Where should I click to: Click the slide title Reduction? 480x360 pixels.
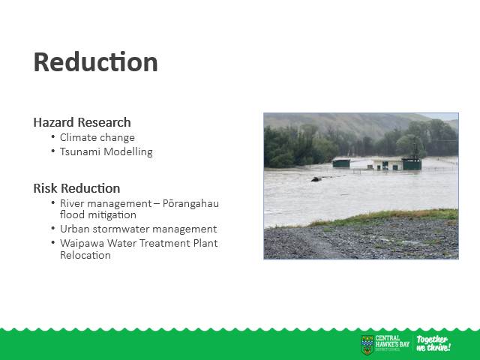click(95, 62)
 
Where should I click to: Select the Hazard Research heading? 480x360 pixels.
click(82, 122)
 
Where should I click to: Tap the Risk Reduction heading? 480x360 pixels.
click(76, 188)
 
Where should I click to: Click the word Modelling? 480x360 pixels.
click(128, 151)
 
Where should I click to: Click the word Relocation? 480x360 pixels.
click(85, 255)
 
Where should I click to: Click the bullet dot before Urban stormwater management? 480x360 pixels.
click(53, 228)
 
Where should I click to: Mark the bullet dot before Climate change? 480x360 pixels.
click(53, 136)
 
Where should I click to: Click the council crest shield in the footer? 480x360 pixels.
click(367, 345)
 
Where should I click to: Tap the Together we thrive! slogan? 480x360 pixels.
click(433, 343)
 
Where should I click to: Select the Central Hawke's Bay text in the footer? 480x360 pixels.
click(392, 341)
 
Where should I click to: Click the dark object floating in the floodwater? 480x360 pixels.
click(316, 179)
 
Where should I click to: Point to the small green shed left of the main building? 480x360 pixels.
click(341, 163)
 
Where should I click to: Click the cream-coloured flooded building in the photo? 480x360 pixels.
click(388, 164)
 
